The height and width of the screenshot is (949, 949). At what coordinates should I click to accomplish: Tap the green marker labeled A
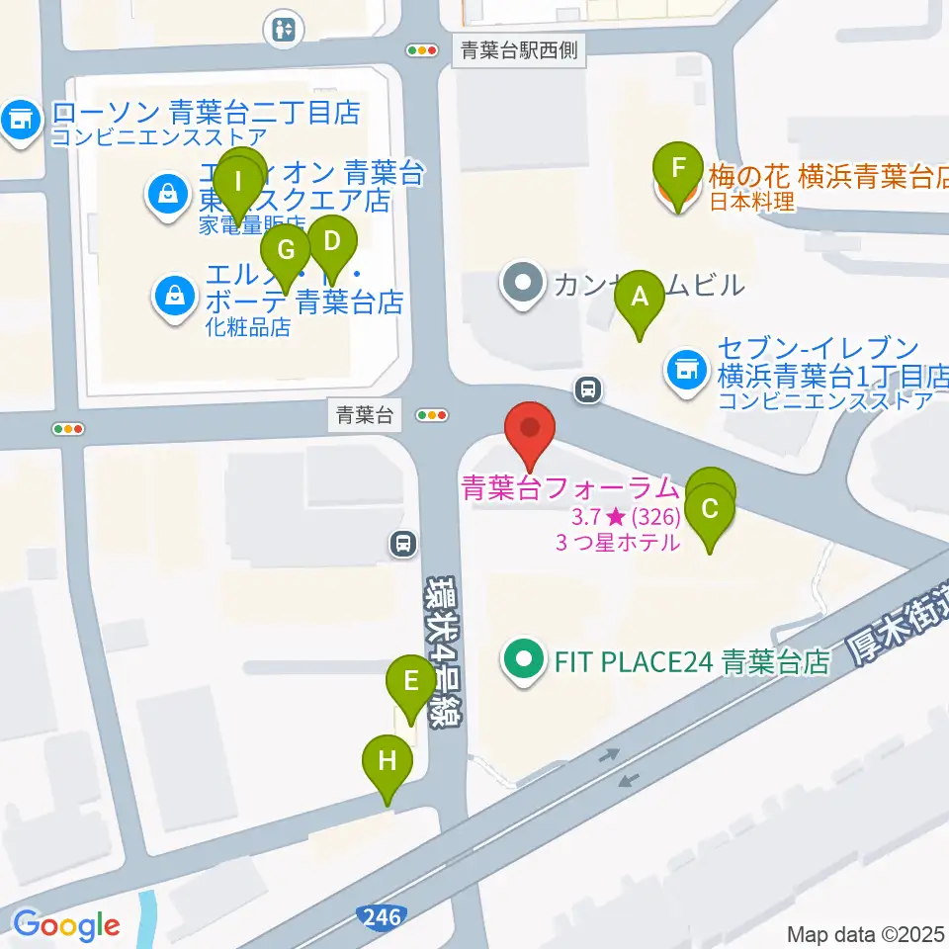[x=640, y=296]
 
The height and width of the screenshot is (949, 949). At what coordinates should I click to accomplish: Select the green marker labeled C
[x=710, y=509]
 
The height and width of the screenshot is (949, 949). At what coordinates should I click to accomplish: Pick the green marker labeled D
[x=331, y=241]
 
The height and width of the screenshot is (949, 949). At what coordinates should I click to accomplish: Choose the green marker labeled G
[x=286, y=249]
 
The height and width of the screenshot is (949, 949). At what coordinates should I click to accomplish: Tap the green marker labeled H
[x=387, y=761]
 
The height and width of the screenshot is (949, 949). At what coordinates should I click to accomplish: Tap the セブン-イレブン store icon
[x=684, y=369]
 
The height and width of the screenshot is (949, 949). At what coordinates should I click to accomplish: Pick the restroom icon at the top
[x=284, y=30]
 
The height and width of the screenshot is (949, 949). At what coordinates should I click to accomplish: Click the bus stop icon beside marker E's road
[x=402, y=542]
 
